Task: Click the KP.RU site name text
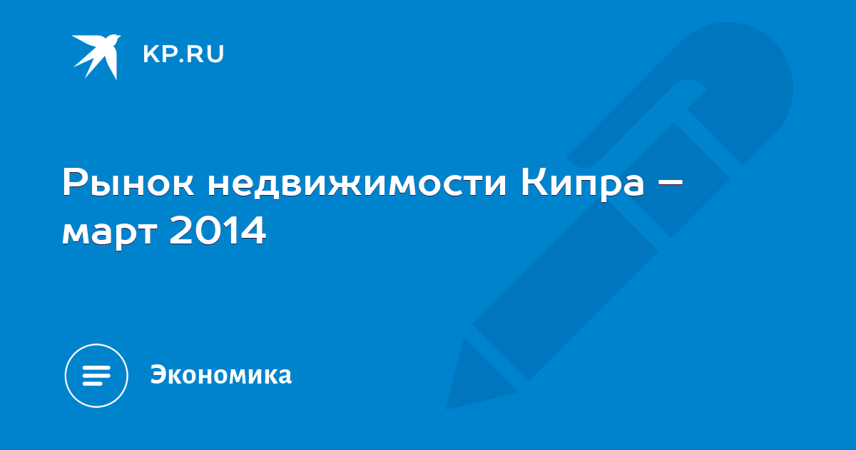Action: [183, 54]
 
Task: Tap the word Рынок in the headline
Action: [128, 183]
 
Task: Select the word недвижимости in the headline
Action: [357, 183]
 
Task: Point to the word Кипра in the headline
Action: [582, 184]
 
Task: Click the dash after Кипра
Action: [669, 184]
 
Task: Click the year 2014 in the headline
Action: [218, 229]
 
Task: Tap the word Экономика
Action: [221, 374]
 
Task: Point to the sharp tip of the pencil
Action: [447, 409]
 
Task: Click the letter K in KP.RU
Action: [151, 54]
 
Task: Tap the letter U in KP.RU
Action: [215, 54]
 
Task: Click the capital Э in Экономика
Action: [158, 374]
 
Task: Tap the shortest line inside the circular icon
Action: [92, 384]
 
